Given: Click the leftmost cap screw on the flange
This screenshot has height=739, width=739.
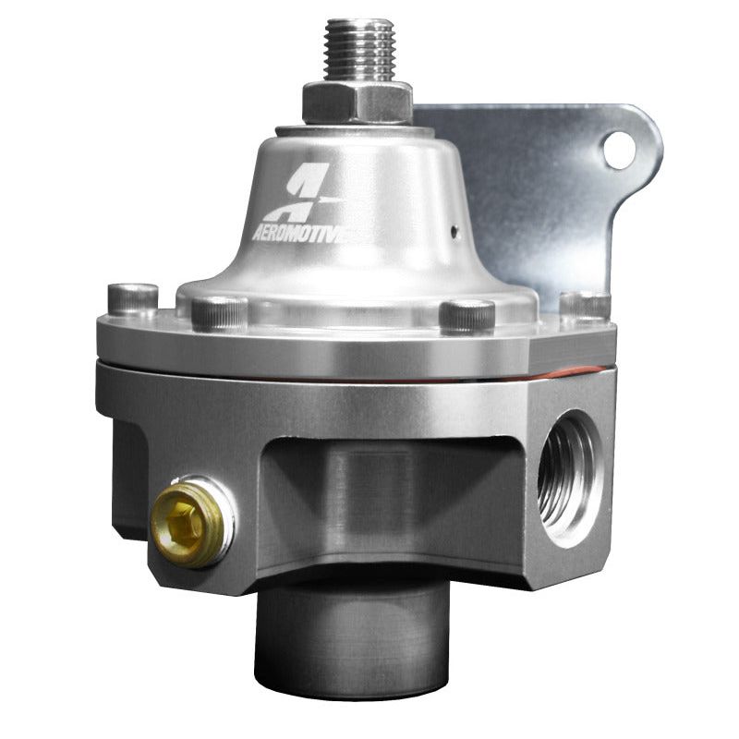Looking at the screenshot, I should [x=132, y=298].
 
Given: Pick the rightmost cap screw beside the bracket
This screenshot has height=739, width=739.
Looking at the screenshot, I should [x=584, y=305].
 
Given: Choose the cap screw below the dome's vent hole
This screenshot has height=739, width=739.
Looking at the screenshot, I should [x=466, y=315].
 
